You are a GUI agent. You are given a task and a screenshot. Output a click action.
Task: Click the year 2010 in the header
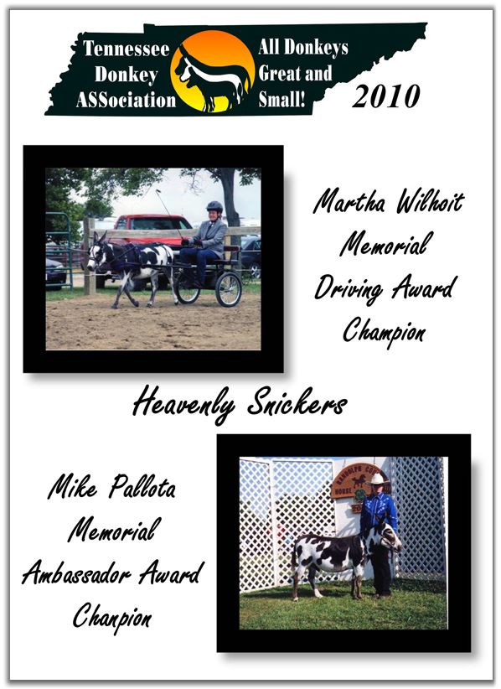[x=386, y=96]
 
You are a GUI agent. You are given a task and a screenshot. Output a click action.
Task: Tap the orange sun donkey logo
[x=213, y=71]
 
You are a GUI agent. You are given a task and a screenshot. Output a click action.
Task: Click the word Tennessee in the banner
[x=127, y=49]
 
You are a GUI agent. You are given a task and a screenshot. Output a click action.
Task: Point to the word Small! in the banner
[x=281, y=99]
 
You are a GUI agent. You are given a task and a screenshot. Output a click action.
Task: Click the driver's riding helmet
[x=214, y=206]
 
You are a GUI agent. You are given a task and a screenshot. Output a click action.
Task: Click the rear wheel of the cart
[x=229, y=289]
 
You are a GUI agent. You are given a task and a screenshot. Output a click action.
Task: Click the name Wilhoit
[x=430, y=203]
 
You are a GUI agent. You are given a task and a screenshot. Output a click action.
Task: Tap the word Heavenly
[x=183, y=404]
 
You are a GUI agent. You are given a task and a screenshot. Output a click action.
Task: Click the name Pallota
[x=142, y=487]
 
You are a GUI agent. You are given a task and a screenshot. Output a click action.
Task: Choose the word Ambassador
[x=76, y=574]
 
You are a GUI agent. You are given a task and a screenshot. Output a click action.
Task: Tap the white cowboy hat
[x=377, y=479]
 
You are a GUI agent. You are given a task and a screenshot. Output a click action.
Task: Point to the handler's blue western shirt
[x=378, y=512]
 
